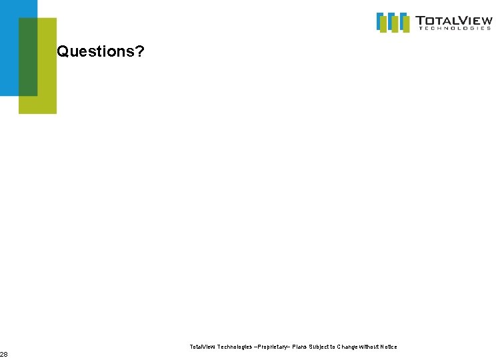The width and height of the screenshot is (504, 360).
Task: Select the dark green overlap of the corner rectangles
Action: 28,57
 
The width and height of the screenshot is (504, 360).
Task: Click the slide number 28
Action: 4,354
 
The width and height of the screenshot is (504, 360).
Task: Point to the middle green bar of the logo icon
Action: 394,24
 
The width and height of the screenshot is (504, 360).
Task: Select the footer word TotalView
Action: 203,347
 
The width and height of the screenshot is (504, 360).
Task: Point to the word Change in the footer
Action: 351,347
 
